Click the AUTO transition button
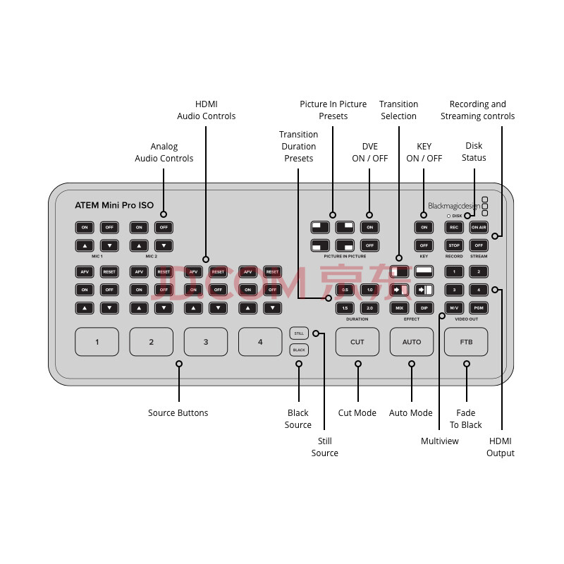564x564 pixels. (412, 342)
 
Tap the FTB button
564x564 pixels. (466, 342)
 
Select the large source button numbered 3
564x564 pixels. (206, 342)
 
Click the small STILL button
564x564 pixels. (299, 333)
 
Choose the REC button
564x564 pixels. (454, 227)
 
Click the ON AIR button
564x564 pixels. (479, 227)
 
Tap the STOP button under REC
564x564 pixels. (454, 245)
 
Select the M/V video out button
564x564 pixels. (454, 308)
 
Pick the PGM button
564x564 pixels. (479, 308)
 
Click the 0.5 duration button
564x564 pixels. (345, 290)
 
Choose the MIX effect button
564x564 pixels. (400, 308)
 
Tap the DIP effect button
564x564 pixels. (424, 308)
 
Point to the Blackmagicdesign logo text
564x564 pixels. (454, 207)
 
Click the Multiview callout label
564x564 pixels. (440, 441)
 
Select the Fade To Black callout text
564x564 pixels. (466, 419)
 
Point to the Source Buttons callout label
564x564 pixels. (178, 413)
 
